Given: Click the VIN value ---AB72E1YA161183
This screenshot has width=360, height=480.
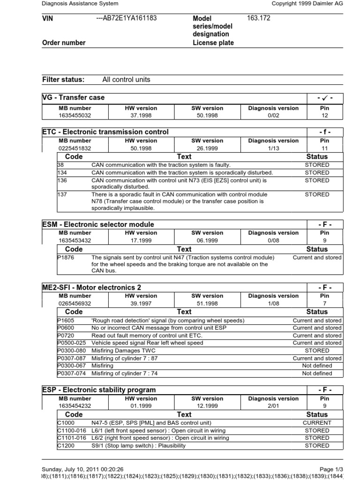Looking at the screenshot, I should [x=126, y=18].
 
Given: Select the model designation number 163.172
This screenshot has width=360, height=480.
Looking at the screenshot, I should [x=259, y=18].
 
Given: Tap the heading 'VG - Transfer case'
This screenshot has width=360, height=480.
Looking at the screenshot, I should [x=73, y=97].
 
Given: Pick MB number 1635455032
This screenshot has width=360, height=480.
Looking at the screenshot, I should [x=75, y=115].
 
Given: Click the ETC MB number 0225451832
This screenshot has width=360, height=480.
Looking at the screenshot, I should [x=75, y=148].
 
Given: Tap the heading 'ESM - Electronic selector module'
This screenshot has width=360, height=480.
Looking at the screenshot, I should [x=98, y=225].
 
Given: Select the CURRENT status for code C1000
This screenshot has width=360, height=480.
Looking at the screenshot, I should [x=317, y=422].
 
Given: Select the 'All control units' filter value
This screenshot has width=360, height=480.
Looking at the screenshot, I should [x=126, y=80].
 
